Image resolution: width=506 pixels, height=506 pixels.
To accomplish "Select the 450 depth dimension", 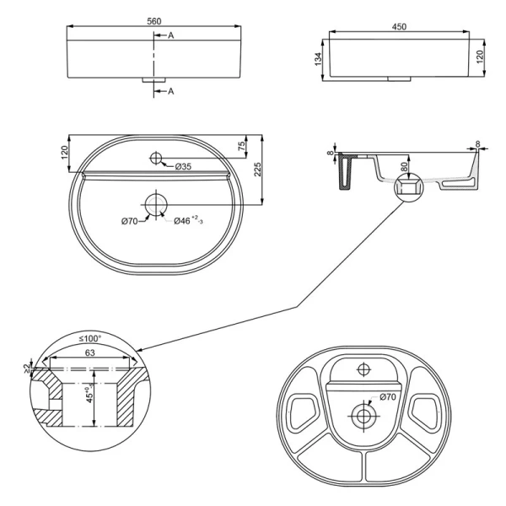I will coord(399,27).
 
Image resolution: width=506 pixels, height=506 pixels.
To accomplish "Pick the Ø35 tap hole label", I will coord(184,166).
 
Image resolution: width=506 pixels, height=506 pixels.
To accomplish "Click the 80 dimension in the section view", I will coord(405,167).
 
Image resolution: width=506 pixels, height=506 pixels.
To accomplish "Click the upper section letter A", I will coord(171,35).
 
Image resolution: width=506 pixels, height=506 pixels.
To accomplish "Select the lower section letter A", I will coord(171,90).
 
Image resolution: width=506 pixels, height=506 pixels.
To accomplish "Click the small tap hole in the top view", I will coord(156,157).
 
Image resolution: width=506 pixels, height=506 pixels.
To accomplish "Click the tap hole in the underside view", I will coord(364,369).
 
